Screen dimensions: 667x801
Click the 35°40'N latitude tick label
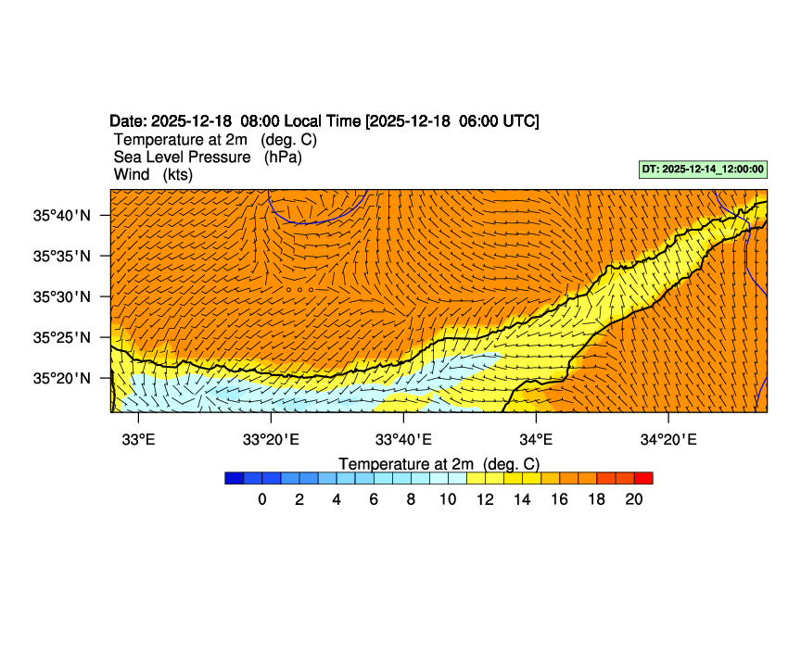pyautogui.click(x=63, y=215)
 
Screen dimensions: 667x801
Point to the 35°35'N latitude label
pyautogui.click(x=63, y=256)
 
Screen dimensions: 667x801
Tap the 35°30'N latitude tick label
pyautogui.click(x=63, y=296)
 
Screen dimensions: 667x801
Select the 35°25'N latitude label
pyautogui.click(x=63, y=337)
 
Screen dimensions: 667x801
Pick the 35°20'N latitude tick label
pyautogui.click(x=63, y=378)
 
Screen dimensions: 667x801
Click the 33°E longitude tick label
pyautogui.click(x=138, y=438)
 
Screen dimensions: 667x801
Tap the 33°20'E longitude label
pyautogui.click(x=271, y=438)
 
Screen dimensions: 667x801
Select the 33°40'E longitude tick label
pyautogui.click(x=403, y=438)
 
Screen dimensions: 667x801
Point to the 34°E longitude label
pyautogui.click(x=536, y=438)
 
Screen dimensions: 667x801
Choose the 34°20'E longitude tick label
pyautogui.click(x=667, y=438)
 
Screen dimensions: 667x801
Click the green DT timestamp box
pyautogui.click(x=703, y=170)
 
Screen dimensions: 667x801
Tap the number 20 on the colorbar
pyautogui.click(x=634, y=499)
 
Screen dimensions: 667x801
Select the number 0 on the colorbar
pyautogui.click(x=262, y=499)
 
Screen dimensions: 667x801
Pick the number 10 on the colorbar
pyautogui.click(x=448, y=499)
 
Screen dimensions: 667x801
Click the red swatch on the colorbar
pyautogui.click(x=643, y=478)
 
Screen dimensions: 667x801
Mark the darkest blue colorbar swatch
pyautogui.click(x=234, y=478)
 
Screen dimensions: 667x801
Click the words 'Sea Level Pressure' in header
pyautogui.click(x=182, y=157)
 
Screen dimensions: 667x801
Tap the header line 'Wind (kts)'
pyautogui.click(x=153, y=174)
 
